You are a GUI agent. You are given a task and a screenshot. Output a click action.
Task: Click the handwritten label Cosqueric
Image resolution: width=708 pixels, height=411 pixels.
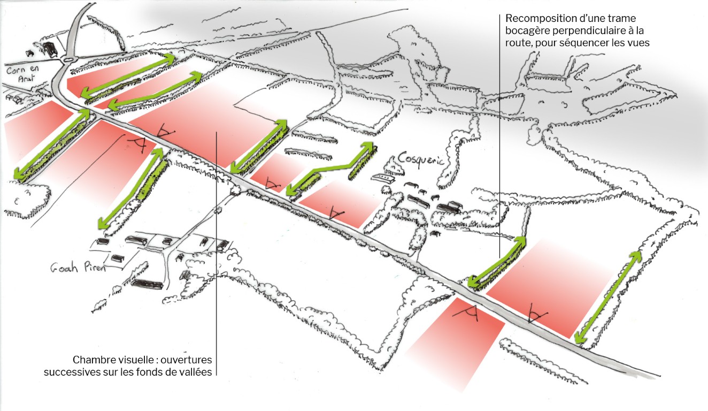pos(421,160)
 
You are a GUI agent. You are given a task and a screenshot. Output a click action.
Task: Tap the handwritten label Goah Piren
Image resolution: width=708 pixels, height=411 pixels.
pos(78,268)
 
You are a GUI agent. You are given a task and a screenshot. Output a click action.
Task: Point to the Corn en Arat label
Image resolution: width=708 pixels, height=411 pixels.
pos(23,73)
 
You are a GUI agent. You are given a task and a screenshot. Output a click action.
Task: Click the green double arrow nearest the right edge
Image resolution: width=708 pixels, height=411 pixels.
pos(608,298)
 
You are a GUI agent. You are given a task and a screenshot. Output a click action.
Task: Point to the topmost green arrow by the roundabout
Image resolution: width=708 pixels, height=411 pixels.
pos(128,75)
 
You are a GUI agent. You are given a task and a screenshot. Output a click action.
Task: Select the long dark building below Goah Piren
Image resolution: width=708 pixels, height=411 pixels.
pos(148,284)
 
